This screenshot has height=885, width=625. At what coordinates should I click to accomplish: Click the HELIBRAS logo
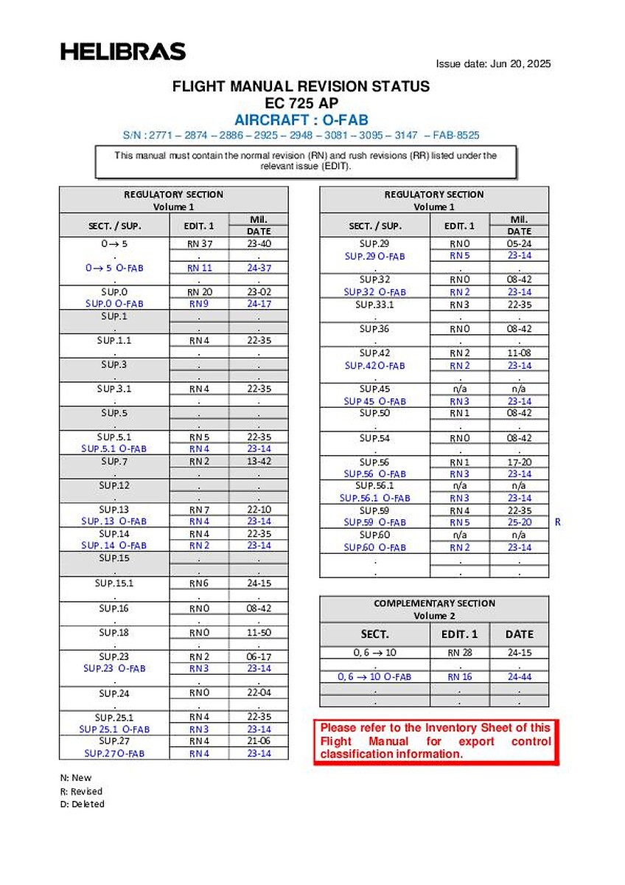(123, 52)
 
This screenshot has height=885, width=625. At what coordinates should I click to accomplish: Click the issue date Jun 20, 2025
(493, 63)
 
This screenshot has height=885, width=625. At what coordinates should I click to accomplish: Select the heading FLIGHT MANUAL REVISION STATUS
(301, 86)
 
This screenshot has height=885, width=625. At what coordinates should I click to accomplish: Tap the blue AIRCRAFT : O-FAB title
(301, 119)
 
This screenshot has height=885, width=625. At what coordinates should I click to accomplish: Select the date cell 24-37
(259, 268)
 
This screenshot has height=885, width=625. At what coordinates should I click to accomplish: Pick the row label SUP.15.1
(114, 583)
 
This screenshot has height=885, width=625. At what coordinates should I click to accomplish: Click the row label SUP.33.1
(374, 305)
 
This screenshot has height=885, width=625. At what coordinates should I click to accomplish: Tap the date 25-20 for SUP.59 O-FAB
(519, 522)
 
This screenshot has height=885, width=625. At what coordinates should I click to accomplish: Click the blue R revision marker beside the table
(558, 522)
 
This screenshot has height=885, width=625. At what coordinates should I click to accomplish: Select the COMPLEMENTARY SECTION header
(434, 603)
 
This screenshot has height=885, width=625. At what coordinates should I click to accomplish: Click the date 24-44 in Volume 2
(519, 676)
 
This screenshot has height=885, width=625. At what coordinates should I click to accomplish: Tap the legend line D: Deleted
(83, 804)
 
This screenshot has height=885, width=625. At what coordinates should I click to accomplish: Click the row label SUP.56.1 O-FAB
(374, 498)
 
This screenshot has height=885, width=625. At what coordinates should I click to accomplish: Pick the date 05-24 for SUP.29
(519, 243)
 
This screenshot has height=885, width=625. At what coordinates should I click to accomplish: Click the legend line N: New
(76, 777)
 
